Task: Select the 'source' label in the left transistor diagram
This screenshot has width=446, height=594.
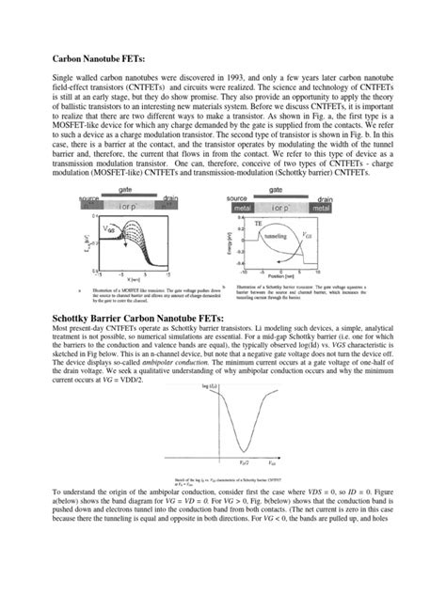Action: click(x=90, y=199)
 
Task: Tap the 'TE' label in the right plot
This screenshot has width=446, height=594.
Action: click(x=258, y=225)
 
